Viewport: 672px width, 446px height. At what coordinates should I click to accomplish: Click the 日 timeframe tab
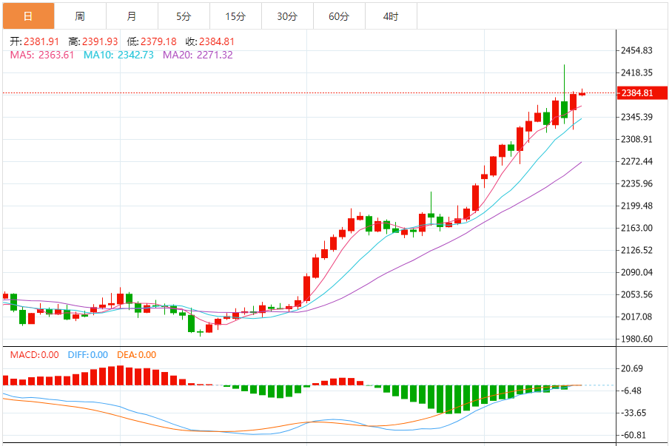point(27,16)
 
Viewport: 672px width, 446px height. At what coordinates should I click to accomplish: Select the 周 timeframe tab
point(80,16)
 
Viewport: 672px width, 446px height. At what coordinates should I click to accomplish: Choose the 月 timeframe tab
point(132,16)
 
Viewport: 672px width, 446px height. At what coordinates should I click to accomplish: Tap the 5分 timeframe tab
point(184,16)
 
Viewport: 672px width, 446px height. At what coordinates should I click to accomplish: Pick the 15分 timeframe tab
point(235,16)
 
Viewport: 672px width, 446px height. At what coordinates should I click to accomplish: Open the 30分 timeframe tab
point(287,16)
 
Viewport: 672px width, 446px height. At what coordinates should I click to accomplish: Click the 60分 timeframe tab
point(339,16)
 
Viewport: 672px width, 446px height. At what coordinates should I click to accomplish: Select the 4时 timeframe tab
point(391,16)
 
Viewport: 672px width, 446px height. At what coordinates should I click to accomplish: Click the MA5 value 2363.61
point(56,55)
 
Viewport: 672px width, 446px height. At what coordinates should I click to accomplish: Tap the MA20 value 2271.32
point(215,55)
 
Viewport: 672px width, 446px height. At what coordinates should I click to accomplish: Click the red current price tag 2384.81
point(637,93)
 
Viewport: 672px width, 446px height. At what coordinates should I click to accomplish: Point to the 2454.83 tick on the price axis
point(637,50)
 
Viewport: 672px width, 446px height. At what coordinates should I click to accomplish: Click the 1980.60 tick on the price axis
point(637,339)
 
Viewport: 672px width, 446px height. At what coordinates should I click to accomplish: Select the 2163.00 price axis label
point(637,228)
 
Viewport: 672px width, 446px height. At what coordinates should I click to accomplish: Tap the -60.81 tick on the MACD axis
point(634,435)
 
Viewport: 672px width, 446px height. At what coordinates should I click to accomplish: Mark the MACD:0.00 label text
point(34,355)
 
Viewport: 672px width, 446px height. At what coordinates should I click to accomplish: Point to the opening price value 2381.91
point(41,42)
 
